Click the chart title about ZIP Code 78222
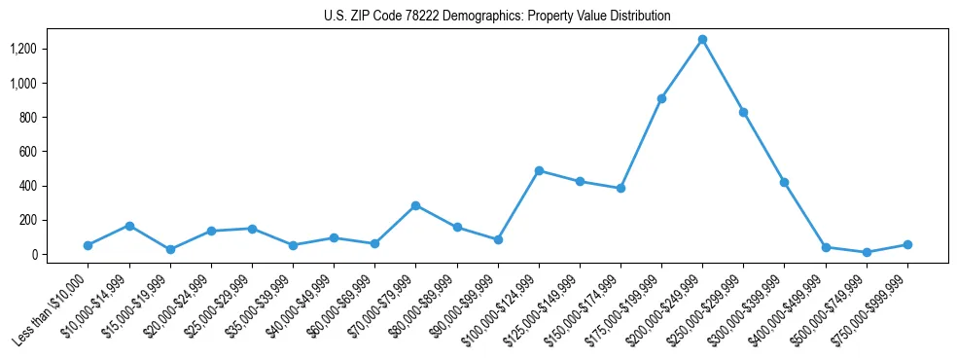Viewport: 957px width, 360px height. (497, 17)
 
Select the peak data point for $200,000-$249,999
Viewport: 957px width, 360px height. (702, 40)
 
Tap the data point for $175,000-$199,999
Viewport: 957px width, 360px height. (661, 98)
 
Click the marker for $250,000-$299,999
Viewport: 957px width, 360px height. (743, 112)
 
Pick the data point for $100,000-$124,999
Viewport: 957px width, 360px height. (539, 170)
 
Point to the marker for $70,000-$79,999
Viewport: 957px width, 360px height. (415, 205)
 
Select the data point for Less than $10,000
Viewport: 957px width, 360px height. (89, 245)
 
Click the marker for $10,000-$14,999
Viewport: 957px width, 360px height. (129, 226)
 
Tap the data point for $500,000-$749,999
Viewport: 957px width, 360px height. (866, 252)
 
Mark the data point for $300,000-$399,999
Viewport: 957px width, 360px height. (784, 182)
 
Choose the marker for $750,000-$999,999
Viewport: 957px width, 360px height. (906, 244)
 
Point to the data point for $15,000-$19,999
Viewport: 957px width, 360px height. (170, 250)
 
